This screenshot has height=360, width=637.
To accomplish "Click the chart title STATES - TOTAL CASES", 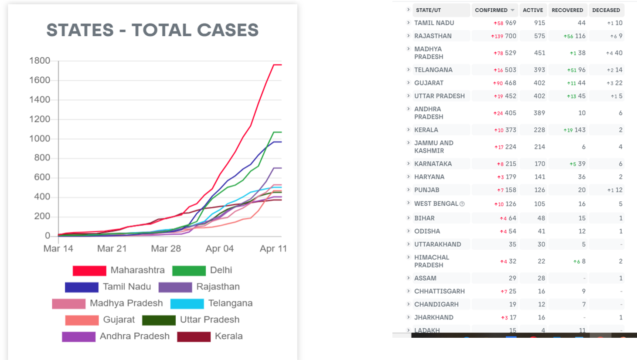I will tap(152, 30).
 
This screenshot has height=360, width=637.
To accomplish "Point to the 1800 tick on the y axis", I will tap(40, 61).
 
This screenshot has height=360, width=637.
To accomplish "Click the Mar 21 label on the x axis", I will tap(112, 248).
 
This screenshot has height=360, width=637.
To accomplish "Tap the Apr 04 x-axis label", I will tap(219, 248).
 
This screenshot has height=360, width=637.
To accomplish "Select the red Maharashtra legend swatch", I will tap(89, 271).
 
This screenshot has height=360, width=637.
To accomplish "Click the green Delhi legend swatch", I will tap(189, 271).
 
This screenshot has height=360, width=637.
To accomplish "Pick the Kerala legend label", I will tap(228, 336).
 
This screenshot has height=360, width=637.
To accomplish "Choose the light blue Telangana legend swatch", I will tap(187, 303).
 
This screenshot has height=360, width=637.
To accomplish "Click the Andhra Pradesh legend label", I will tap(134, 336).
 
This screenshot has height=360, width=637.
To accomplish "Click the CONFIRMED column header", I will tap(491, 10).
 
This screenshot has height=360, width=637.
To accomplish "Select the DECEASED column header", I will tap(606, 10).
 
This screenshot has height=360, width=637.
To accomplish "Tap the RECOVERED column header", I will tap(567, 10).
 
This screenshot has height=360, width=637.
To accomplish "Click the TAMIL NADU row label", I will tap(434, 23).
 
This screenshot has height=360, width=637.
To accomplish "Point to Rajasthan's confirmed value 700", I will tap(511, 36).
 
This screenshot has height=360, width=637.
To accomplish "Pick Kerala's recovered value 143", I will tap(580, 130).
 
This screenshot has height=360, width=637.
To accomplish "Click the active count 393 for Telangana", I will tap(539, 70).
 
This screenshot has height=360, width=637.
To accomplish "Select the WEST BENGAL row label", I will tap(436, 204).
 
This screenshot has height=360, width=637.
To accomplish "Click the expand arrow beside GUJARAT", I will tap(408, 82).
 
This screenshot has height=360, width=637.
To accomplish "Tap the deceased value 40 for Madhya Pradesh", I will tap(618, 53).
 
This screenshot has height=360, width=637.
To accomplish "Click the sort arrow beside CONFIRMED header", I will tap(512, 10).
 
